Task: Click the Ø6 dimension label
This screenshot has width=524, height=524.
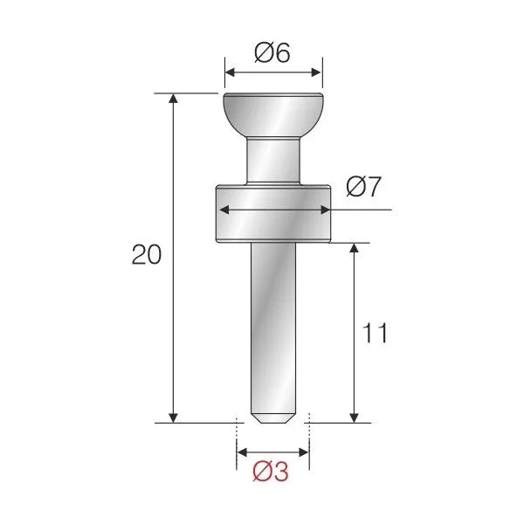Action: pos(272,53)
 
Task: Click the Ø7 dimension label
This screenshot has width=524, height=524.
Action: pos(363,186)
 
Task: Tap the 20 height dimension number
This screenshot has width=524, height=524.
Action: pos(146,255)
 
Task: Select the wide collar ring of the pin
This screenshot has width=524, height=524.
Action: pos(273,215)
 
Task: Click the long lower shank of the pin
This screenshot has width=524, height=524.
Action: pos(273,323)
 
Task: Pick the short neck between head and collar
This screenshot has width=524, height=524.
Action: pos(273,162)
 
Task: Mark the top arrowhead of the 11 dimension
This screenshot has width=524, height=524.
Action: pos(354,249)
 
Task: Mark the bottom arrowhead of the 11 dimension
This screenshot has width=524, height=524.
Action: pos(354,416)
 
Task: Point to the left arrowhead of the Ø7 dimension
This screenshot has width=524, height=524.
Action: pos(224,210)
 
